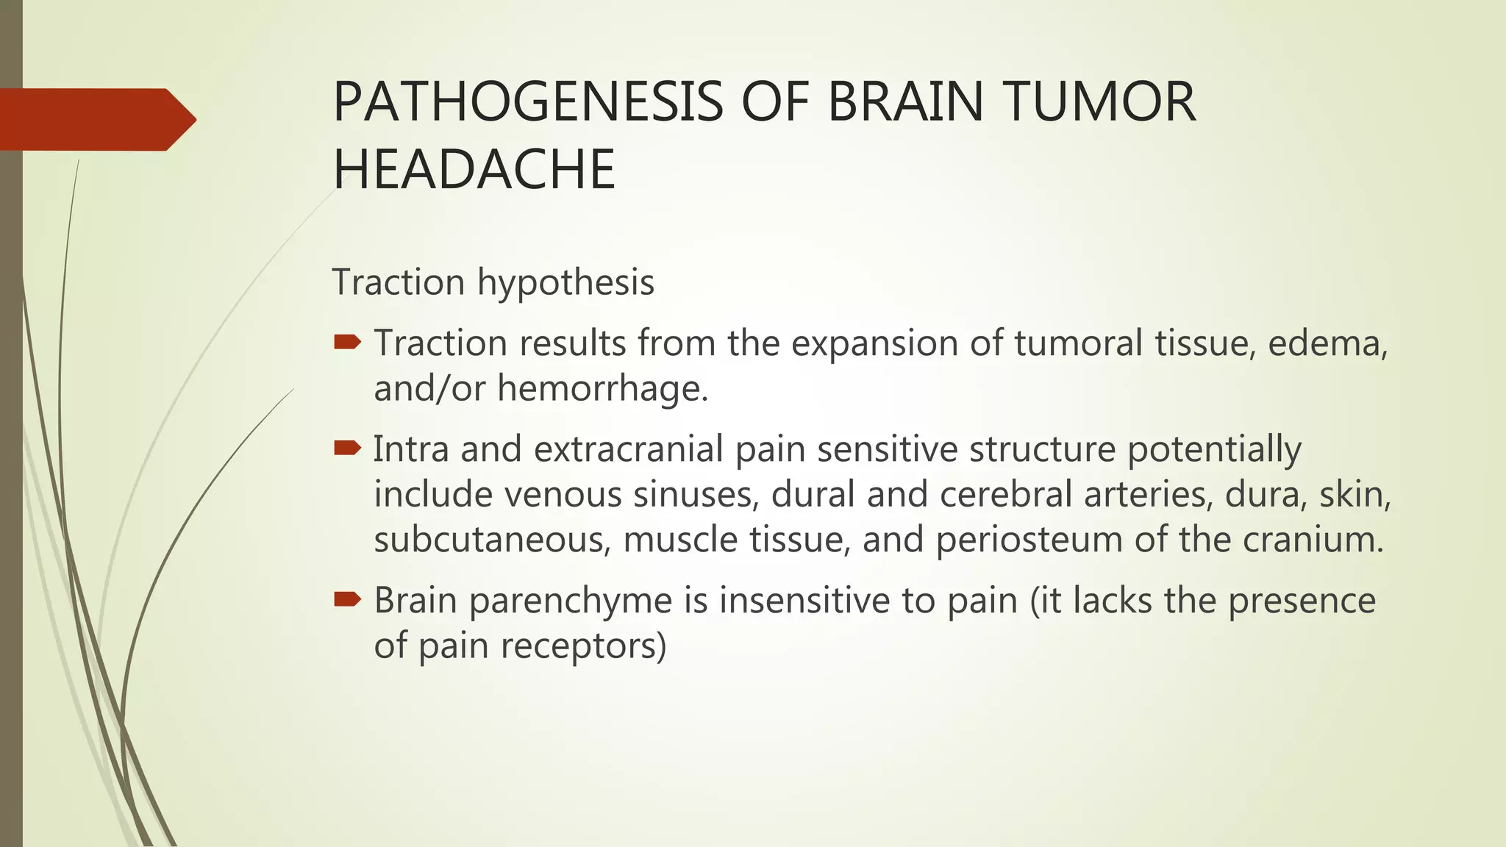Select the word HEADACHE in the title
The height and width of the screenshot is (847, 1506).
tap(474, 169)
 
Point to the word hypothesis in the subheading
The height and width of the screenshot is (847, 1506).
tap(565, 283)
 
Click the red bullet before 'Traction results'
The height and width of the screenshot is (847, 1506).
tap(347, 342)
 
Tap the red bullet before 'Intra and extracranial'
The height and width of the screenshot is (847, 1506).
tap(347, 448)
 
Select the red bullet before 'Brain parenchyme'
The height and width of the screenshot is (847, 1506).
tap(347, 599)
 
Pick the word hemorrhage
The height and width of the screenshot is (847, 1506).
tap(603, 388)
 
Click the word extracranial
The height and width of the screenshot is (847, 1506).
tap(629, 449)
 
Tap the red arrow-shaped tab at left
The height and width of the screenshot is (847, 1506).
tap(96, 119)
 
